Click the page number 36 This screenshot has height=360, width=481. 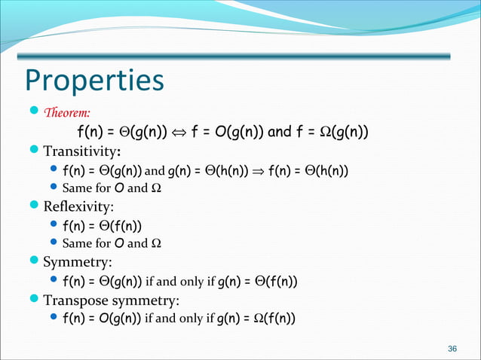pos(452,348)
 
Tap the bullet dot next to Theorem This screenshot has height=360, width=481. pos(34,114)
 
